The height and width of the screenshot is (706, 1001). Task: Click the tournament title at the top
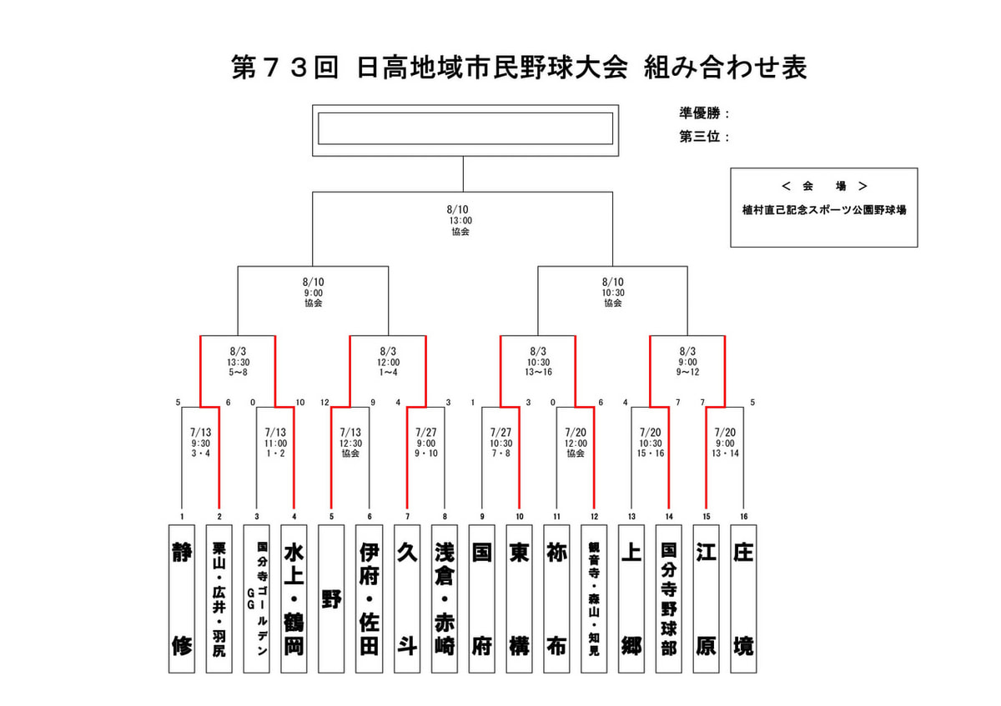(519, 68)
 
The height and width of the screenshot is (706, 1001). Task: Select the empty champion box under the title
(465, 128)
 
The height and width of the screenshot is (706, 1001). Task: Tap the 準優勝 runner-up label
(700, 113)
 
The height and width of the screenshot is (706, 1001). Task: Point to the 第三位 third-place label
(700, 136)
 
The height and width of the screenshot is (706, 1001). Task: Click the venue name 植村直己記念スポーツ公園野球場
(824, 210)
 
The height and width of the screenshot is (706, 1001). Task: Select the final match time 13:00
(460, 221)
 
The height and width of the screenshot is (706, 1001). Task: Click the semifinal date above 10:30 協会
(612, 282)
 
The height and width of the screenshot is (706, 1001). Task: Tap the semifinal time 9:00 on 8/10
(314, 293)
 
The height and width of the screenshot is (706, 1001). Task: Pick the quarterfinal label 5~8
(239, 372)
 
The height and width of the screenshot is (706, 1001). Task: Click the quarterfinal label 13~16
(538, 372)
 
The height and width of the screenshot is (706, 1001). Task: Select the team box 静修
(182, 598)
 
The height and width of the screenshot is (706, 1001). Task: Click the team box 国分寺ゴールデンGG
(257, 598)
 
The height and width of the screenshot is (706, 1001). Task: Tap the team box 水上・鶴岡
(294, 598)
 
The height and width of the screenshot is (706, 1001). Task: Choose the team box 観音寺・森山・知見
(594, 598)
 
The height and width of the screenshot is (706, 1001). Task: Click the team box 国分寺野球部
(668, 598)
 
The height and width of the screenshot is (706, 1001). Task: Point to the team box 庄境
(743, 598)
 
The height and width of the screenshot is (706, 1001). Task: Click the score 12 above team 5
(324, 403)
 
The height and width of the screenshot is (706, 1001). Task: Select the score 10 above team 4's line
(300, 403)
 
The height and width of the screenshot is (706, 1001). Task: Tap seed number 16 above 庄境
(743, 517)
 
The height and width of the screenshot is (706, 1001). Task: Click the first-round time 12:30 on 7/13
(350, 443)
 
